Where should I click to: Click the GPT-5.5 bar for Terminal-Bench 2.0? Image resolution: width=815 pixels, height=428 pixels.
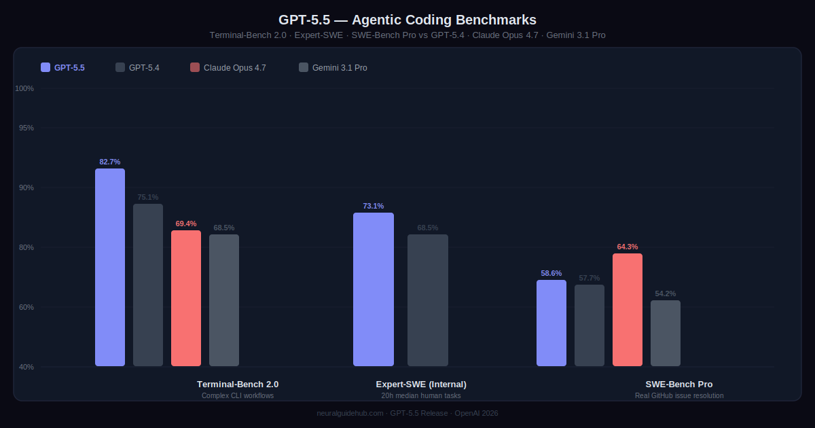pyautogui.click(x=110, y=268)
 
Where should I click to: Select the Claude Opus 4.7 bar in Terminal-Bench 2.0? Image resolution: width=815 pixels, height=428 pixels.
pyautogui.click(x=186, y=298)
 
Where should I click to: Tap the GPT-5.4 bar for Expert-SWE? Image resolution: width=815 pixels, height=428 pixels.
pyautogui.click(x=428, y=300)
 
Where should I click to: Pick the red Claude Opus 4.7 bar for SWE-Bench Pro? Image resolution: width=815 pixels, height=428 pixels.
pyautogui.click(x=628, y=310)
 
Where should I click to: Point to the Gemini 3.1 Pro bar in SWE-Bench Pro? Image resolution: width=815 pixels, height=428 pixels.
pyautogui.click(x=666, y=333)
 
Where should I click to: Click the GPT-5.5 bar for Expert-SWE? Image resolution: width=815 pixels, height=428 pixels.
pyautogui.click(x=374, y=289)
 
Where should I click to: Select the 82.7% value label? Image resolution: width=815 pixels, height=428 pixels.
pyautogui.click(x=110, y=162)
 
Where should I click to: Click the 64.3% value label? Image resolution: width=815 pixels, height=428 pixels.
pyautogui.click(x=628, y=247)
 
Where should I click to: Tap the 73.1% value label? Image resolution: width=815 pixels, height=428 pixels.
pyautogui.click(x=374, y=206)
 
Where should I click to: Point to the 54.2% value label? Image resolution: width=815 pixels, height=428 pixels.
pyautogui.click(x=666, y=293)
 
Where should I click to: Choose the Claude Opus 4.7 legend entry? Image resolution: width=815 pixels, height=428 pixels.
pyautogui.click(x=228, y=67)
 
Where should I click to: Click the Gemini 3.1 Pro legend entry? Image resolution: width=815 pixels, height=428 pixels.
pyautogui.click(x=333, y=67)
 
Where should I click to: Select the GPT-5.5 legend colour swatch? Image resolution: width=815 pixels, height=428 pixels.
pyautogui.click(x=46, y=67)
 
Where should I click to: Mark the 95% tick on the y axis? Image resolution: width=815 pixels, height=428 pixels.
pyautogui.click(x=26, y=128)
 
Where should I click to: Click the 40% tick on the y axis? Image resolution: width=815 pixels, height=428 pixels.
pyautogui.click(x=26, y=367)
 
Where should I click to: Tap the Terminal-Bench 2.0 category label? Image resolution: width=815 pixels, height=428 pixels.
pyautogui.click(x=238, y=384)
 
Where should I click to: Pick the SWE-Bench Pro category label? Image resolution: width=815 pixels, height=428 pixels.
pyautogui.click(x=679, y=384)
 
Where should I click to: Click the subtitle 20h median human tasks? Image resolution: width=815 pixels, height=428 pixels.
pyautogui.click(x=421, y=395)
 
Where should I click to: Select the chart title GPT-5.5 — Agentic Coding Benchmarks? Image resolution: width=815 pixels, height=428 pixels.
pyautogui.click(x=407, y=20)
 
